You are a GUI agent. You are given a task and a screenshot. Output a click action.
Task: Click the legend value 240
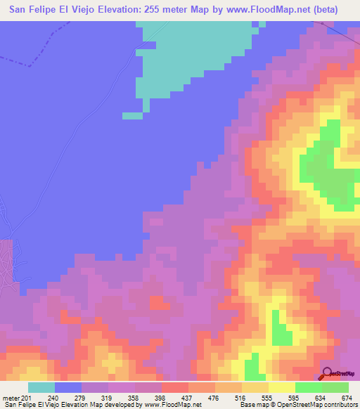coord(51,397)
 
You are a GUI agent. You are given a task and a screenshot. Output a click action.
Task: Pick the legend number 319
coord(105,397)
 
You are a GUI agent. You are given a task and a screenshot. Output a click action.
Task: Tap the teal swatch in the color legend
coord(41,387)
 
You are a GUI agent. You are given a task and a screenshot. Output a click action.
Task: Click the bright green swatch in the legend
coord(309,387)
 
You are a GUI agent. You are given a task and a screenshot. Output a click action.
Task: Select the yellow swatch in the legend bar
coord(282,387)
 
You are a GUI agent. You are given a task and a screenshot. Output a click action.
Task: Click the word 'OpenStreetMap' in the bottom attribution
coord(282,405)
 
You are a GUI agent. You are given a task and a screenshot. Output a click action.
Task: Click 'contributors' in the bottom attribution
coord(335,405)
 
